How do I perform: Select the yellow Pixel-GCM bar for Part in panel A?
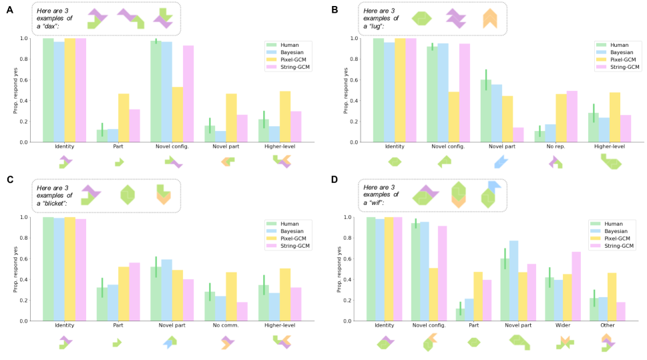[x=124, y=118]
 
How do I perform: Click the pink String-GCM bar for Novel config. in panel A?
[x=188, y=94]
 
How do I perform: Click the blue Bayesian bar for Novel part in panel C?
[x=167, y=290]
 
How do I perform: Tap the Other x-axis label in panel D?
[x=608, y=325]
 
